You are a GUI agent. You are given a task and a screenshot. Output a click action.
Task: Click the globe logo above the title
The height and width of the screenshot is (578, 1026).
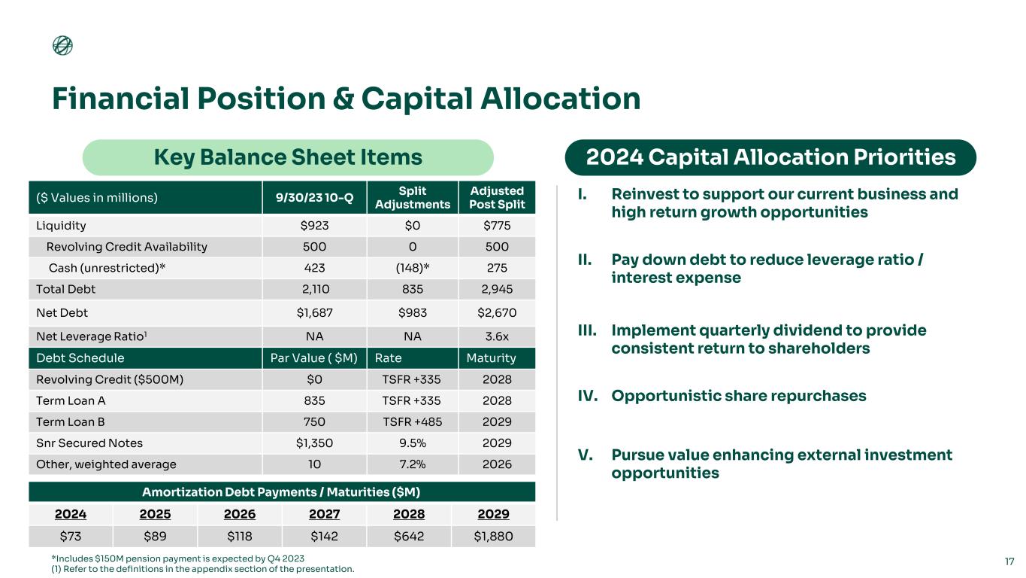pos(62,46)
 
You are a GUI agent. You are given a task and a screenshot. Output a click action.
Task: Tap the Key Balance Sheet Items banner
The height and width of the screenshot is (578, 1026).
pos(287,157)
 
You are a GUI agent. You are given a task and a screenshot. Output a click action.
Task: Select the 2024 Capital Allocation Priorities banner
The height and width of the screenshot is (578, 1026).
pos(770,157)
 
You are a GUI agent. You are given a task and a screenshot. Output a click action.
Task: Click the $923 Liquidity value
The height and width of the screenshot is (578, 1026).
pos(314,226)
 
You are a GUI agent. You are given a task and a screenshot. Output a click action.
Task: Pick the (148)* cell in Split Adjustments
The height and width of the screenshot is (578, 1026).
pos(412,268)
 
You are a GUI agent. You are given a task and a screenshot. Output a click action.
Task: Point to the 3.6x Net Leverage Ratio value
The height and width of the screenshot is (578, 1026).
pos(496,336)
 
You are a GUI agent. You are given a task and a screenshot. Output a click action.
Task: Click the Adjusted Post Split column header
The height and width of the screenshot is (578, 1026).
pos(496,197)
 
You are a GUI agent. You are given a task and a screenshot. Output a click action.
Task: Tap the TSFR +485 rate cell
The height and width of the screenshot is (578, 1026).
pos(412,422)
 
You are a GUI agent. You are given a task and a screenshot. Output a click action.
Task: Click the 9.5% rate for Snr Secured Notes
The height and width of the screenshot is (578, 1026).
pos(412,443)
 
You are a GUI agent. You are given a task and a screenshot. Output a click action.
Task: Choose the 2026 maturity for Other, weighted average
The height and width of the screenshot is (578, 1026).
pos(496,464)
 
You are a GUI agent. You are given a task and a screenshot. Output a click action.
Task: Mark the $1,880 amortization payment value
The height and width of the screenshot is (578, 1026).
pos(492,537)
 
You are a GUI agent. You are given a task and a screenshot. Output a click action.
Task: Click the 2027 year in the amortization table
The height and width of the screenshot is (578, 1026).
pos(324,515)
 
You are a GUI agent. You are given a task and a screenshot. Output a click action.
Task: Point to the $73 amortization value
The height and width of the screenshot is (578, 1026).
pos(70,537)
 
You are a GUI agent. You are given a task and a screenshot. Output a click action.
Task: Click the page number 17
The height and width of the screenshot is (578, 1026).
pos(1009,561)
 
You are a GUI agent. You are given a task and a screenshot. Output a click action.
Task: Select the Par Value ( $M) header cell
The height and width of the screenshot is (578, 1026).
pos(314,357)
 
